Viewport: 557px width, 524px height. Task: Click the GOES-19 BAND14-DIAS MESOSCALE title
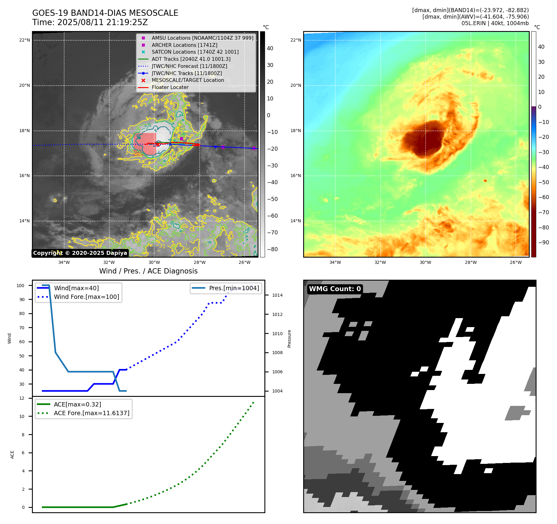105,13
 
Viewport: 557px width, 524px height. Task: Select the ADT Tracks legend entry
191,59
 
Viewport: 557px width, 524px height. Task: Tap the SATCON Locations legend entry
195,52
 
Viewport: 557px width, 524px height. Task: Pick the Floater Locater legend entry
170,87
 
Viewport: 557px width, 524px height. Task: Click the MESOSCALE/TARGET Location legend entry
188,80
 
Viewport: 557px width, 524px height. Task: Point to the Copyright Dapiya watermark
80,253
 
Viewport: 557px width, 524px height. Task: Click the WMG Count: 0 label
335,289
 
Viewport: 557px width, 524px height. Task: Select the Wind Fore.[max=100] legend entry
86,297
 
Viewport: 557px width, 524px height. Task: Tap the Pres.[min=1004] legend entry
234,288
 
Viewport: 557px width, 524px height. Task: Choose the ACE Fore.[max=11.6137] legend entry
91,413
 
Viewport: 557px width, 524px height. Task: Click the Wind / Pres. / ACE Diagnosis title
148,271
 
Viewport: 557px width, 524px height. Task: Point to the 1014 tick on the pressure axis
277,295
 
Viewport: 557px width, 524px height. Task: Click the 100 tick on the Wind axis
20,286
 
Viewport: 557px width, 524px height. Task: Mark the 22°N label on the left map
24,40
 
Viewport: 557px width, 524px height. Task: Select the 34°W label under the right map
335,262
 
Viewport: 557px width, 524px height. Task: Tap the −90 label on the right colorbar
543,242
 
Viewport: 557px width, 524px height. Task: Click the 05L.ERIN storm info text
495,23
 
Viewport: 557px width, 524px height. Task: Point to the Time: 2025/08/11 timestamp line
90,22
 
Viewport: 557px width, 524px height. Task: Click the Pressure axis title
289,339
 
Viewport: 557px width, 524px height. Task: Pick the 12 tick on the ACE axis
22,398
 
